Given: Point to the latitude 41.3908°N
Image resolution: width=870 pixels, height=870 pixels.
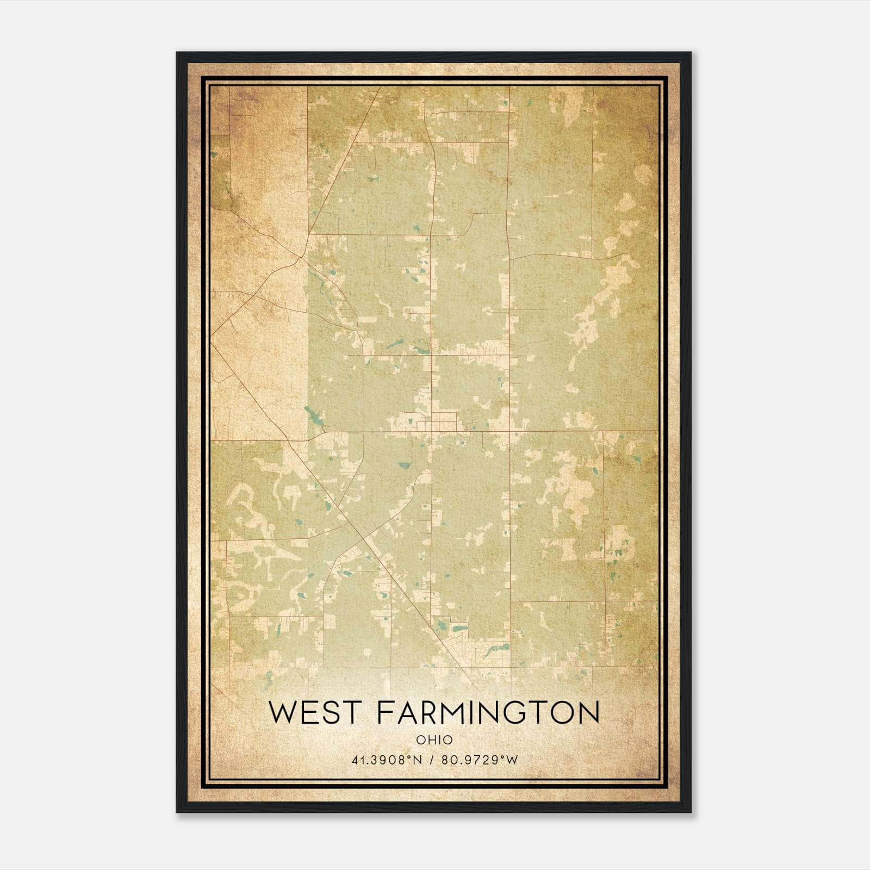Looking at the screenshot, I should (x=387, y=760).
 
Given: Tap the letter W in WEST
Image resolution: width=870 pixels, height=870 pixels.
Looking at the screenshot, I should (x=283, y=712).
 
